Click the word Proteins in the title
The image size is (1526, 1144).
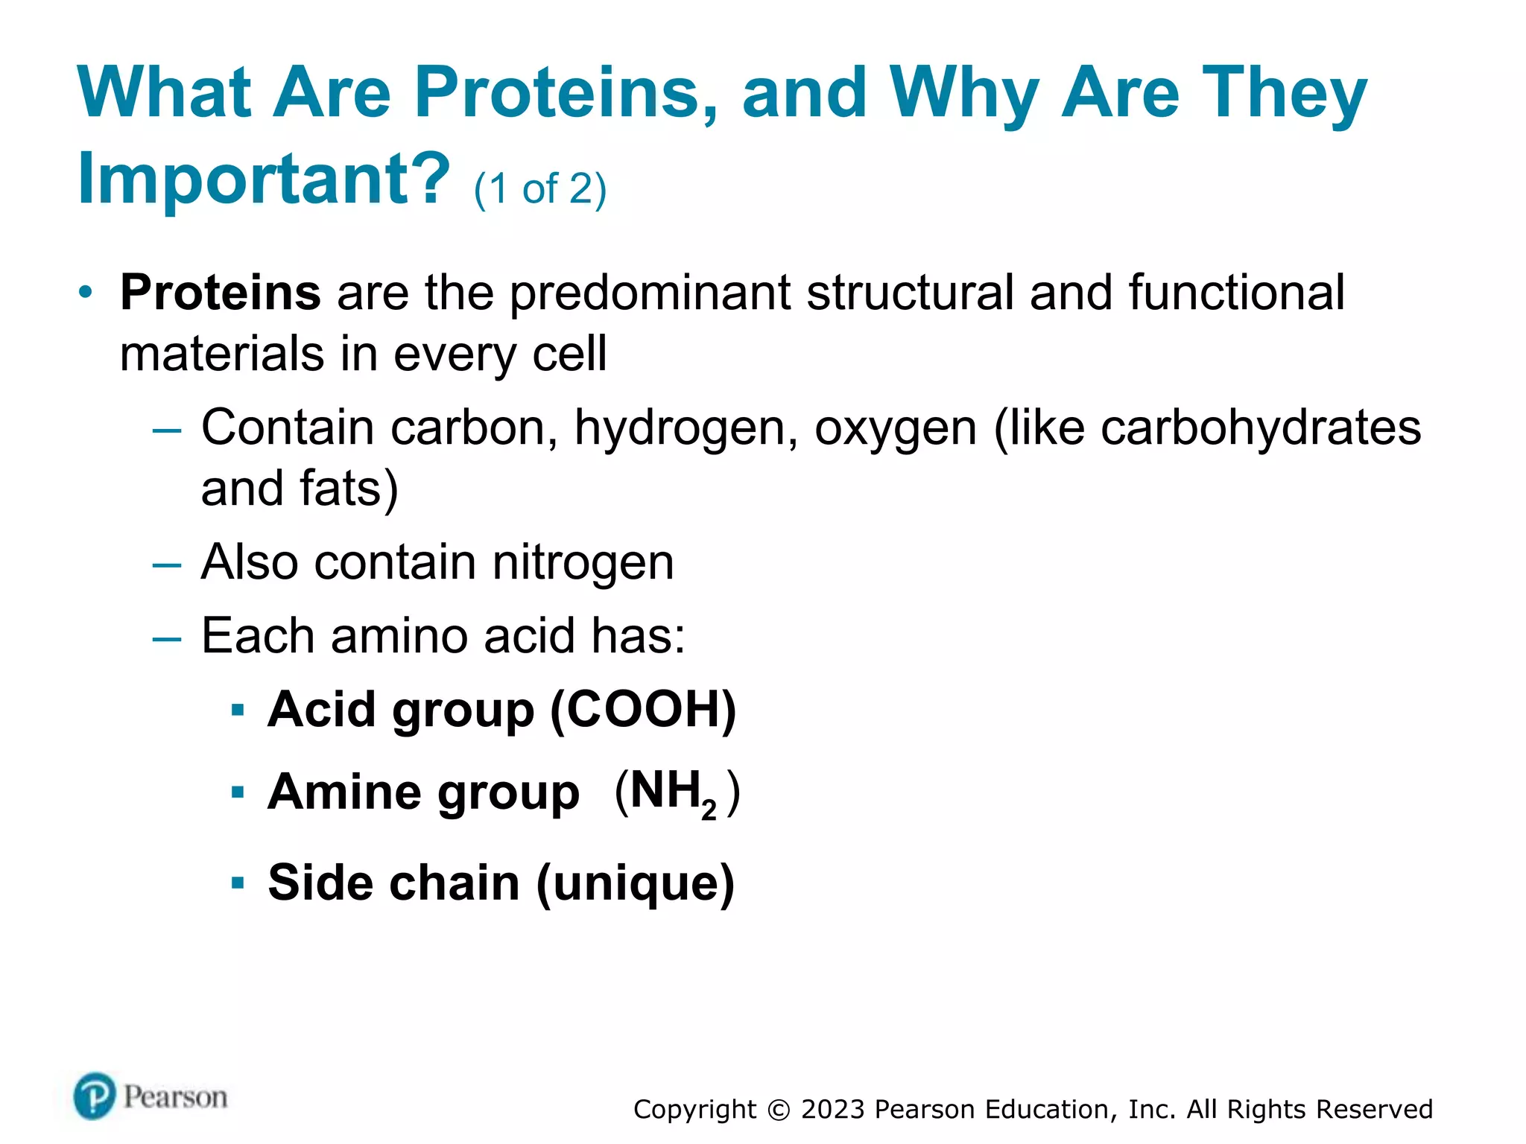(x=566, y=93)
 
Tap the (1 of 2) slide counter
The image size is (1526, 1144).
(x=540, y=189)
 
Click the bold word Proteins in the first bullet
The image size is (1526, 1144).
(x=221, y=293)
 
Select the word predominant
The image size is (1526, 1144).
(x=649, y=293)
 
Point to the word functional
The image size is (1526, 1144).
(x=1236, y=293)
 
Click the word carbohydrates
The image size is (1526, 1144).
(x=1261, y=429)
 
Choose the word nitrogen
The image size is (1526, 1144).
(x=583, y=562)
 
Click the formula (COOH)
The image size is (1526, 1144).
(x=643, y=710)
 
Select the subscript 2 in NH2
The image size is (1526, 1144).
(x=709, y=810)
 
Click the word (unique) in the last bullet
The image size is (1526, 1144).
(x=635, y=883)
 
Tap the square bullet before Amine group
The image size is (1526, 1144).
(x=238, y=792)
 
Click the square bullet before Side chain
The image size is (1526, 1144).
(x=238, y=884)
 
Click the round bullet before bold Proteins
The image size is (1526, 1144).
(x=86, y=293)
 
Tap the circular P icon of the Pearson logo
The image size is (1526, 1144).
(x=95, y=1096)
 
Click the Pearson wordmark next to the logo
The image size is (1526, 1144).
(x=175, y=1097)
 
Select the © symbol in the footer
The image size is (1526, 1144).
(x=778, y=1110)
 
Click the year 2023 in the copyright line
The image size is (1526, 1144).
(x=832, y=1110)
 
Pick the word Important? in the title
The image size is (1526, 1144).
(x=264, y=179)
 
